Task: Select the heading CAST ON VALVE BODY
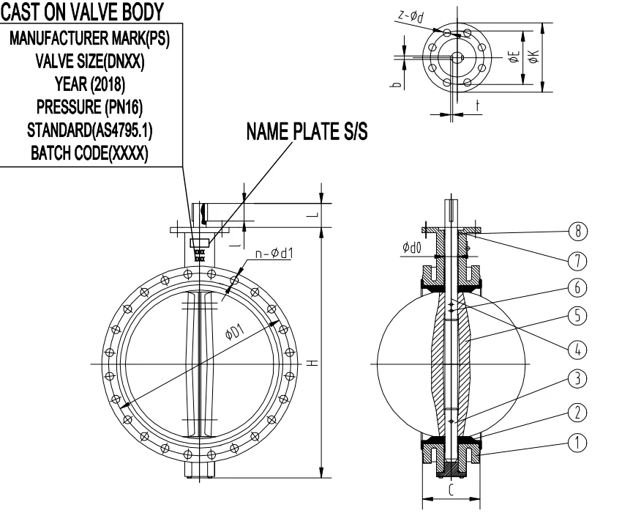tap(80, 10)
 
